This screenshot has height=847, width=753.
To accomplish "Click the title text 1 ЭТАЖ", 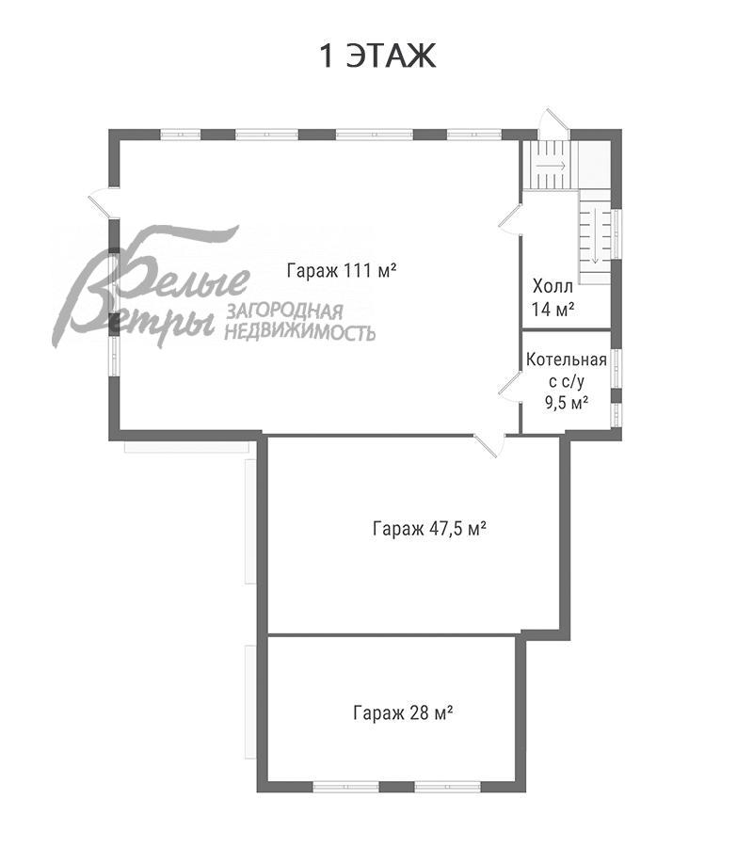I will (x=378, y=56).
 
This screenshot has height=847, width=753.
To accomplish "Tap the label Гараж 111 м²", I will (x=340, y=271).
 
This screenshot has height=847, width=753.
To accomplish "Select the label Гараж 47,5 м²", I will (x=428, y=529).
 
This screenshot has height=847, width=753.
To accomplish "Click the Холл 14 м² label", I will (x=554, y=296).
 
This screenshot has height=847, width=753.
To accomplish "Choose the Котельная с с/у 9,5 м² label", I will (x=566, y=380).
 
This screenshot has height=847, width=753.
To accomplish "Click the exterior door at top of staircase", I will (x=551, y=122).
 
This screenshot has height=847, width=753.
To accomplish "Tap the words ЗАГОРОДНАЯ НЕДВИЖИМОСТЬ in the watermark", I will (x=300, y=323).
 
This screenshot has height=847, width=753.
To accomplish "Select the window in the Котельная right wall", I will (x=617, y=367).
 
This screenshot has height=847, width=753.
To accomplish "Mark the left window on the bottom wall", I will (x=339, y=786).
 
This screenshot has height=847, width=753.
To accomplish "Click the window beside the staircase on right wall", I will (x=617, y=233).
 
